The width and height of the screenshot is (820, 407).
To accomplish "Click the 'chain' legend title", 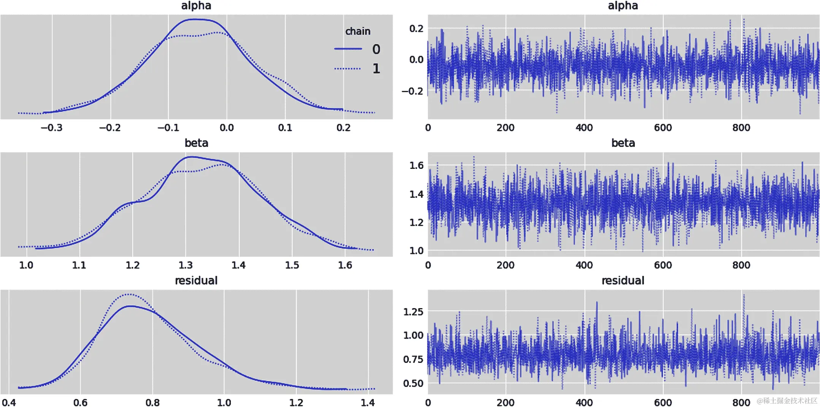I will (x=358, y=31).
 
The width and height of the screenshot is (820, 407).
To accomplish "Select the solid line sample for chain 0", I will (x=348, y=49).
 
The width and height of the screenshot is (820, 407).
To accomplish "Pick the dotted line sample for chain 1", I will (x=348, y=68).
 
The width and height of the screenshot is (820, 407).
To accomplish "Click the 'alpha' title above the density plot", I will (x=196, y=6).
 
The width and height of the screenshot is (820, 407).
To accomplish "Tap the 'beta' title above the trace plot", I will (x=623, y=143).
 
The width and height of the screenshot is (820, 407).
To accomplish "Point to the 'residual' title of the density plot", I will (x=196, y=281).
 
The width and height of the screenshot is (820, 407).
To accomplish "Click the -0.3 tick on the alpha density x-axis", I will (x=51, y=128).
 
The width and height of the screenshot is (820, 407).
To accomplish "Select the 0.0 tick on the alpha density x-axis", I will (x=227, y=128).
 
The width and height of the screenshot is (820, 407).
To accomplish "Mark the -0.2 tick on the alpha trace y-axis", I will (x=412, y=91).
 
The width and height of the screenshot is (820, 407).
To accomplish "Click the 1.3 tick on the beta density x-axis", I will (x=186, y=265).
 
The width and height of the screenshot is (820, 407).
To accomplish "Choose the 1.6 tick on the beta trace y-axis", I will (x=416, y=165).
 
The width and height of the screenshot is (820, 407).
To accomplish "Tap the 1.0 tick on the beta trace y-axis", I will (x=416, y=250).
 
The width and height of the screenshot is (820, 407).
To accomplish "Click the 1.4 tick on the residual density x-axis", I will (x=367, y=402).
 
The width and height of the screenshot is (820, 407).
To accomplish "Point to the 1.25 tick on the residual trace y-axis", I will (x=413, y=312).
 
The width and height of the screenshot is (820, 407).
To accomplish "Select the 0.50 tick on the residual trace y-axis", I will (x=413, y=383).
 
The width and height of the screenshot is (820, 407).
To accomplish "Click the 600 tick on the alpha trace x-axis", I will (x=663, y=128).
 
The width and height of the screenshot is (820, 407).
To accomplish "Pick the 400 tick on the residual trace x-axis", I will (x=584, y=402).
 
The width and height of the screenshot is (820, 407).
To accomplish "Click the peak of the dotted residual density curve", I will (x=129, y=294).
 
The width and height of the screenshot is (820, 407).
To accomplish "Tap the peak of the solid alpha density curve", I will (x=194, y=19).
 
